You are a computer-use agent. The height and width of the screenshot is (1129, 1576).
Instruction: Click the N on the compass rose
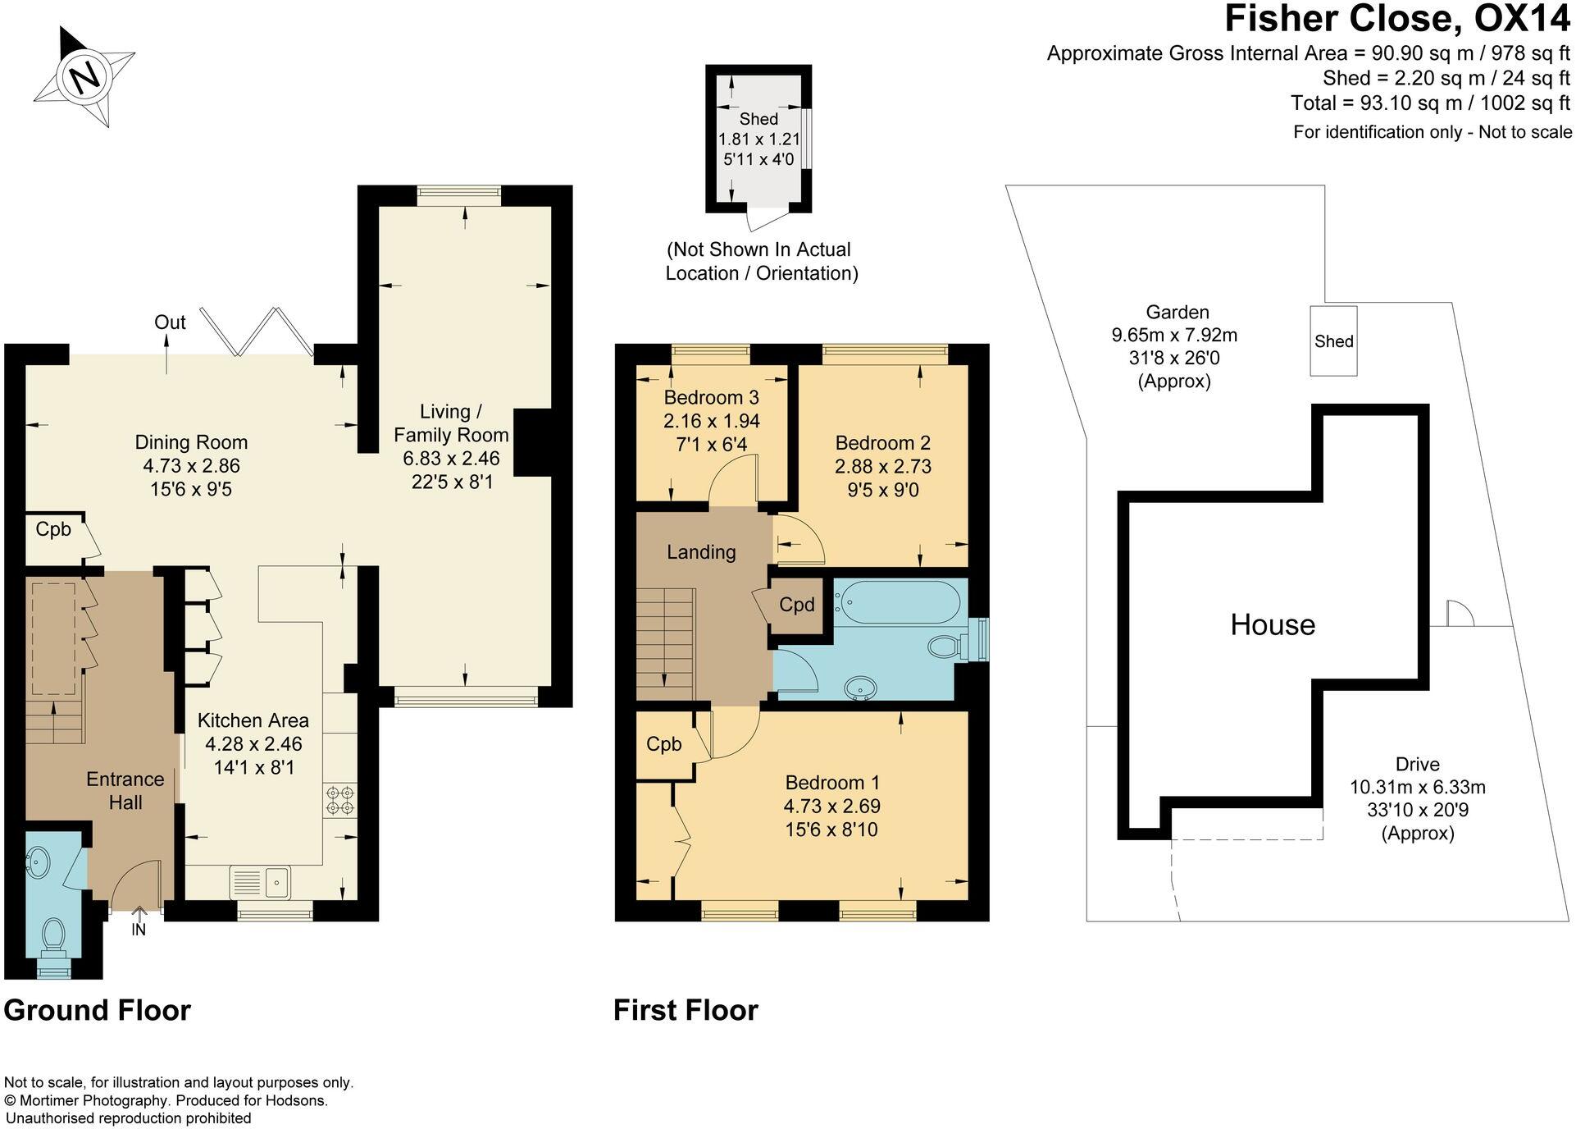pyautogui.click(x=85, y=77)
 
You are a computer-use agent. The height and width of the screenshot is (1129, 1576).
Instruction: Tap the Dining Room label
pyautogui.click(x=191, y=443)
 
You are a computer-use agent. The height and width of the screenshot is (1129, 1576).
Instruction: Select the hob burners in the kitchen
pyautogui.click(x=340, y=801)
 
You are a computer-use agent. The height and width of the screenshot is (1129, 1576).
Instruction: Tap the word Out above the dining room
pyautogui.click(x=170, y=322)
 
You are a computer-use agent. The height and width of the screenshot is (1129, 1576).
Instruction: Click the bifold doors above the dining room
pyautogui.click(x=257, y=332)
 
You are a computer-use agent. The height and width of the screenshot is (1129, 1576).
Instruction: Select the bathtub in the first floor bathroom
pyautogui.click(x=896, y=598)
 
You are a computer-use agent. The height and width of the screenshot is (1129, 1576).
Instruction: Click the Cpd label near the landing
pyautogui.click(x=796, y=606)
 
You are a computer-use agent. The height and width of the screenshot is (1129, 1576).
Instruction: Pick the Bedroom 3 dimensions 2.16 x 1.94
pyautogui.click(x=711, y=421)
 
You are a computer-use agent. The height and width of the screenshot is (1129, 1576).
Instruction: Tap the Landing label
pyautogui.click(x=701, y=552)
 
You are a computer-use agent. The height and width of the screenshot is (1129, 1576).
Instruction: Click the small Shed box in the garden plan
pyautogui.click(x=1333, y=341)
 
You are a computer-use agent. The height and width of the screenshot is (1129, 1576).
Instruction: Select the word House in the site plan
pyautogui.click(x=1272, y=625)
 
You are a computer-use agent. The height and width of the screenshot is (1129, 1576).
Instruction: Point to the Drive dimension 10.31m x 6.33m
pyautogui.click(x=1417, y=788)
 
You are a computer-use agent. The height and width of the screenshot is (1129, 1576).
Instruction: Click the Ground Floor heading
pyautogui.click(x=97, y=1009)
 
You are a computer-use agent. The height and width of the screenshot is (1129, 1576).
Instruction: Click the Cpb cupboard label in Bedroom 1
pyautogui.click(x=663, y=744)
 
